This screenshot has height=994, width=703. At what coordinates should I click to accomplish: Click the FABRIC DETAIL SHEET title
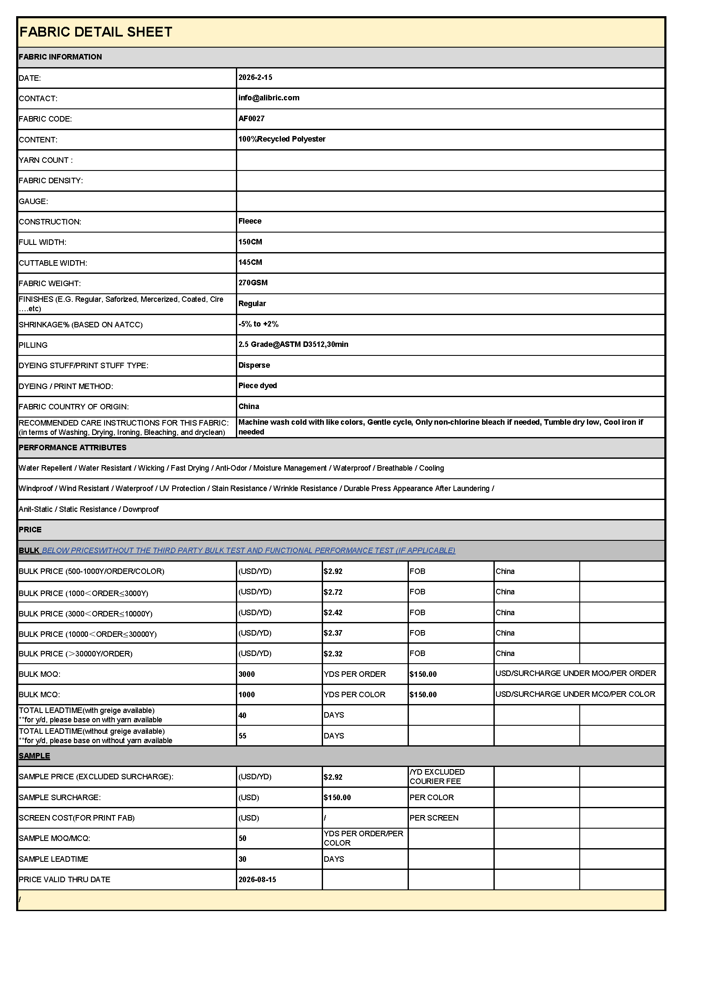pos(96,32)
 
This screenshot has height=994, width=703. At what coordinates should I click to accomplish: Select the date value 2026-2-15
pos(255,77)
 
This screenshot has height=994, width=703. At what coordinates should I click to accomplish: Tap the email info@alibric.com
pos(268,98)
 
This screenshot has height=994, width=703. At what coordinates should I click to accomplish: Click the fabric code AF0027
pos(251,119)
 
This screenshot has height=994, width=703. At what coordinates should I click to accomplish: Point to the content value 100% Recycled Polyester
pos(281,139)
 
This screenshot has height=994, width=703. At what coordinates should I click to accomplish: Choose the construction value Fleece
pos(250,221)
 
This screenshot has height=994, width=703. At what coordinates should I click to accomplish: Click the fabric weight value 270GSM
pos(253,283)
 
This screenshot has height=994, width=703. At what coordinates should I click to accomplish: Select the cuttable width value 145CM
pos(250,262)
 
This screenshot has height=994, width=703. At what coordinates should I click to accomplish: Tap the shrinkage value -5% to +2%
pos(258,324)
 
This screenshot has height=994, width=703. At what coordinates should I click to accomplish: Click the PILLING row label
pos(33,345)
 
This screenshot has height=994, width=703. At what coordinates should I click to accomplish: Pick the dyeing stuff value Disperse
pos(254,365)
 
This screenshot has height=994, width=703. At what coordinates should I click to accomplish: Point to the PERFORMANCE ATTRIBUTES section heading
pos(72,448)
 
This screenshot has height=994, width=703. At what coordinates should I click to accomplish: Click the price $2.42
pos(332,613)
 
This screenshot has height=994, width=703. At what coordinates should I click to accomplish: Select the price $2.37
pos(332,633)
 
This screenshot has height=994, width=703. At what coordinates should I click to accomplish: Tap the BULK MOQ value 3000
pos(247,674)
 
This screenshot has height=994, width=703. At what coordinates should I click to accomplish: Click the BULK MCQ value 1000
pos(247,694)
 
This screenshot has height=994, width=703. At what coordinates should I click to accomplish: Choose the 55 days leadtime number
pos(242,736)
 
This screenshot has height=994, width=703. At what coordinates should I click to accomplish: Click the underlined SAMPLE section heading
pos(34,756)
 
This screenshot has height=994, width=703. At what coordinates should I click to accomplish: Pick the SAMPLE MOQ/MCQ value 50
pos(242,838)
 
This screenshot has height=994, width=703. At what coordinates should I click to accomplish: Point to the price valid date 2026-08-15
pos(257,879)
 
